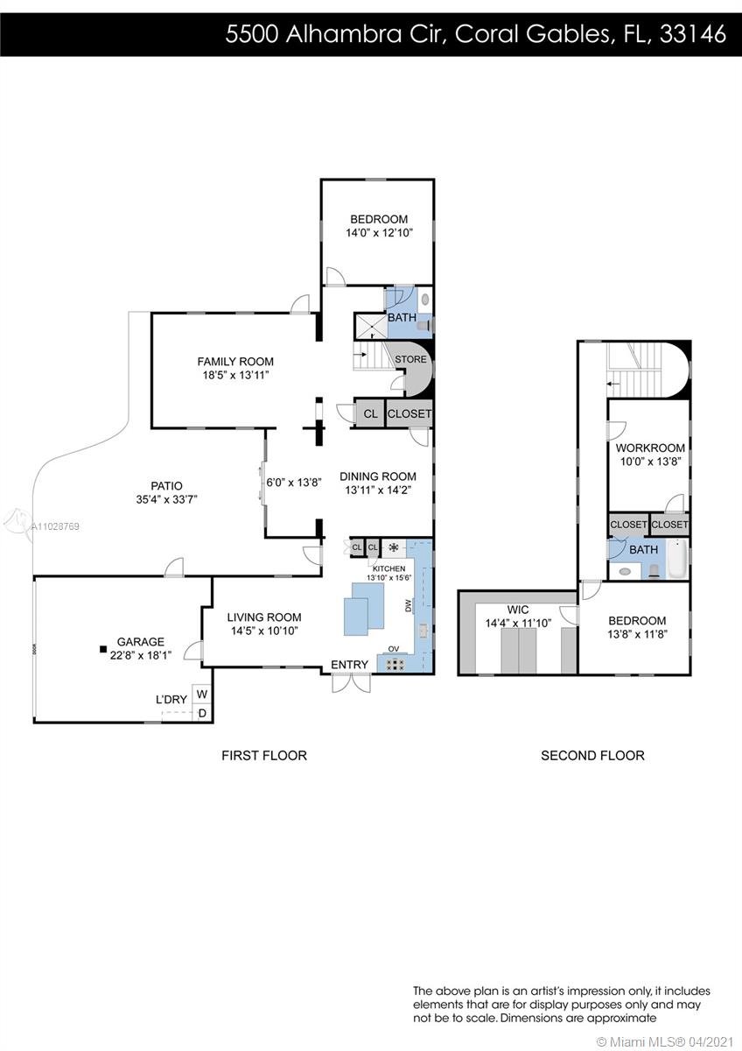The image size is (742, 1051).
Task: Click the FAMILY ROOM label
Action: coord(235,362)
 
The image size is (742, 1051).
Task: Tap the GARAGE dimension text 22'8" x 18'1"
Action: coord(141,655)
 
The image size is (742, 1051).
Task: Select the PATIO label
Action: coord(166,485)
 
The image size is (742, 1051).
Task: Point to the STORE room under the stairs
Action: coord(410,359)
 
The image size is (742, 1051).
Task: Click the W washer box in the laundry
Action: coord(202,694)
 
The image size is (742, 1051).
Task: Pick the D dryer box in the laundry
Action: coord(202,713)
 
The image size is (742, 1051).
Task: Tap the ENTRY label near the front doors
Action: coord(349,665)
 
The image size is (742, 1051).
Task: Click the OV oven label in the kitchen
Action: coord(394,649)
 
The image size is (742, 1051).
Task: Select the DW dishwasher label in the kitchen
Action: coord(408,606)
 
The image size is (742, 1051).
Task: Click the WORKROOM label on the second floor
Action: coord(650,448)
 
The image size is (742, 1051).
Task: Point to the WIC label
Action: coord(518,610)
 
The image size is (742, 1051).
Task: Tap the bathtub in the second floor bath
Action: coord(677,560)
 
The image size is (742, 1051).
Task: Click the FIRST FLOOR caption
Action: coord(264,755)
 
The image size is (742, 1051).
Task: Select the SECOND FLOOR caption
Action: coord(592,755)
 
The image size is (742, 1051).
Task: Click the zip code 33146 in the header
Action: coord(693,34)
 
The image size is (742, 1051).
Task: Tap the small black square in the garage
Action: coord(103,649)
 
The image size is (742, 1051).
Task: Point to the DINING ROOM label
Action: coord(378,476)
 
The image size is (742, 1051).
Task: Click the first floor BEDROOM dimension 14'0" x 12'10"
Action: coord(379,233)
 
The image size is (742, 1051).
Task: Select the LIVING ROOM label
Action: coord(264,617)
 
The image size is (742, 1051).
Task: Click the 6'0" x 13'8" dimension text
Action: coord(294,483)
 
